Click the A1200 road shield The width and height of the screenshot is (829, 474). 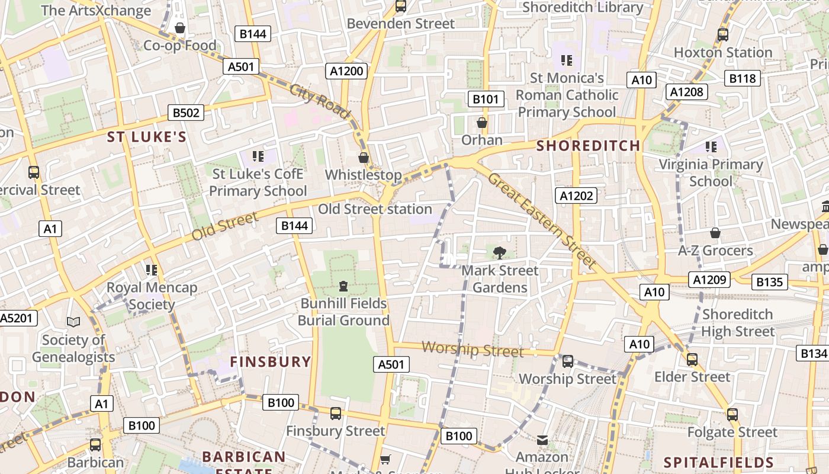coord(346,71)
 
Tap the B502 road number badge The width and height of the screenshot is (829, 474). coord(186,113)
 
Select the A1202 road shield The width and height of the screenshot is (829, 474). coord(577,196)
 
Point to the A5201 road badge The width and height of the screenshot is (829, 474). coord(17,318)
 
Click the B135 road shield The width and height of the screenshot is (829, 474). coord(769,282)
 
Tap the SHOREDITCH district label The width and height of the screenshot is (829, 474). coord(588,146)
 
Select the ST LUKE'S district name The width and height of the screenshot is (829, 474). coord(147,137)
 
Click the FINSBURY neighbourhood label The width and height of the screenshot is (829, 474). coord(271,361)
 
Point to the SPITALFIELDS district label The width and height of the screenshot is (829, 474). coord(719,462)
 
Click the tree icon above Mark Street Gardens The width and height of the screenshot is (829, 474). coord(500,253)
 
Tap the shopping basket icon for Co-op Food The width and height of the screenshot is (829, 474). coord(180,28)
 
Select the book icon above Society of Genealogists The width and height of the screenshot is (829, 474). coord(73,322)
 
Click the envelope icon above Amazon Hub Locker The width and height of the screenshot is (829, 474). coord(542,440)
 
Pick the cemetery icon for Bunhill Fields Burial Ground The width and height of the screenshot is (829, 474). coord(343,286)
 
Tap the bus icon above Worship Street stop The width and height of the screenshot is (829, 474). coord(567,361)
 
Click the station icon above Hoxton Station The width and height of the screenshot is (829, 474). coord(722,34)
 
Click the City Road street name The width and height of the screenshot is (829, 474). coord(320,101)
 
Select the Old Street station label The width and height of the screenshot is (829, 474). coord(375,209)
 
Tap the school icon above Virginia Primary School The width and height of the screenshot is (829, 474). coord(711,146)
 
